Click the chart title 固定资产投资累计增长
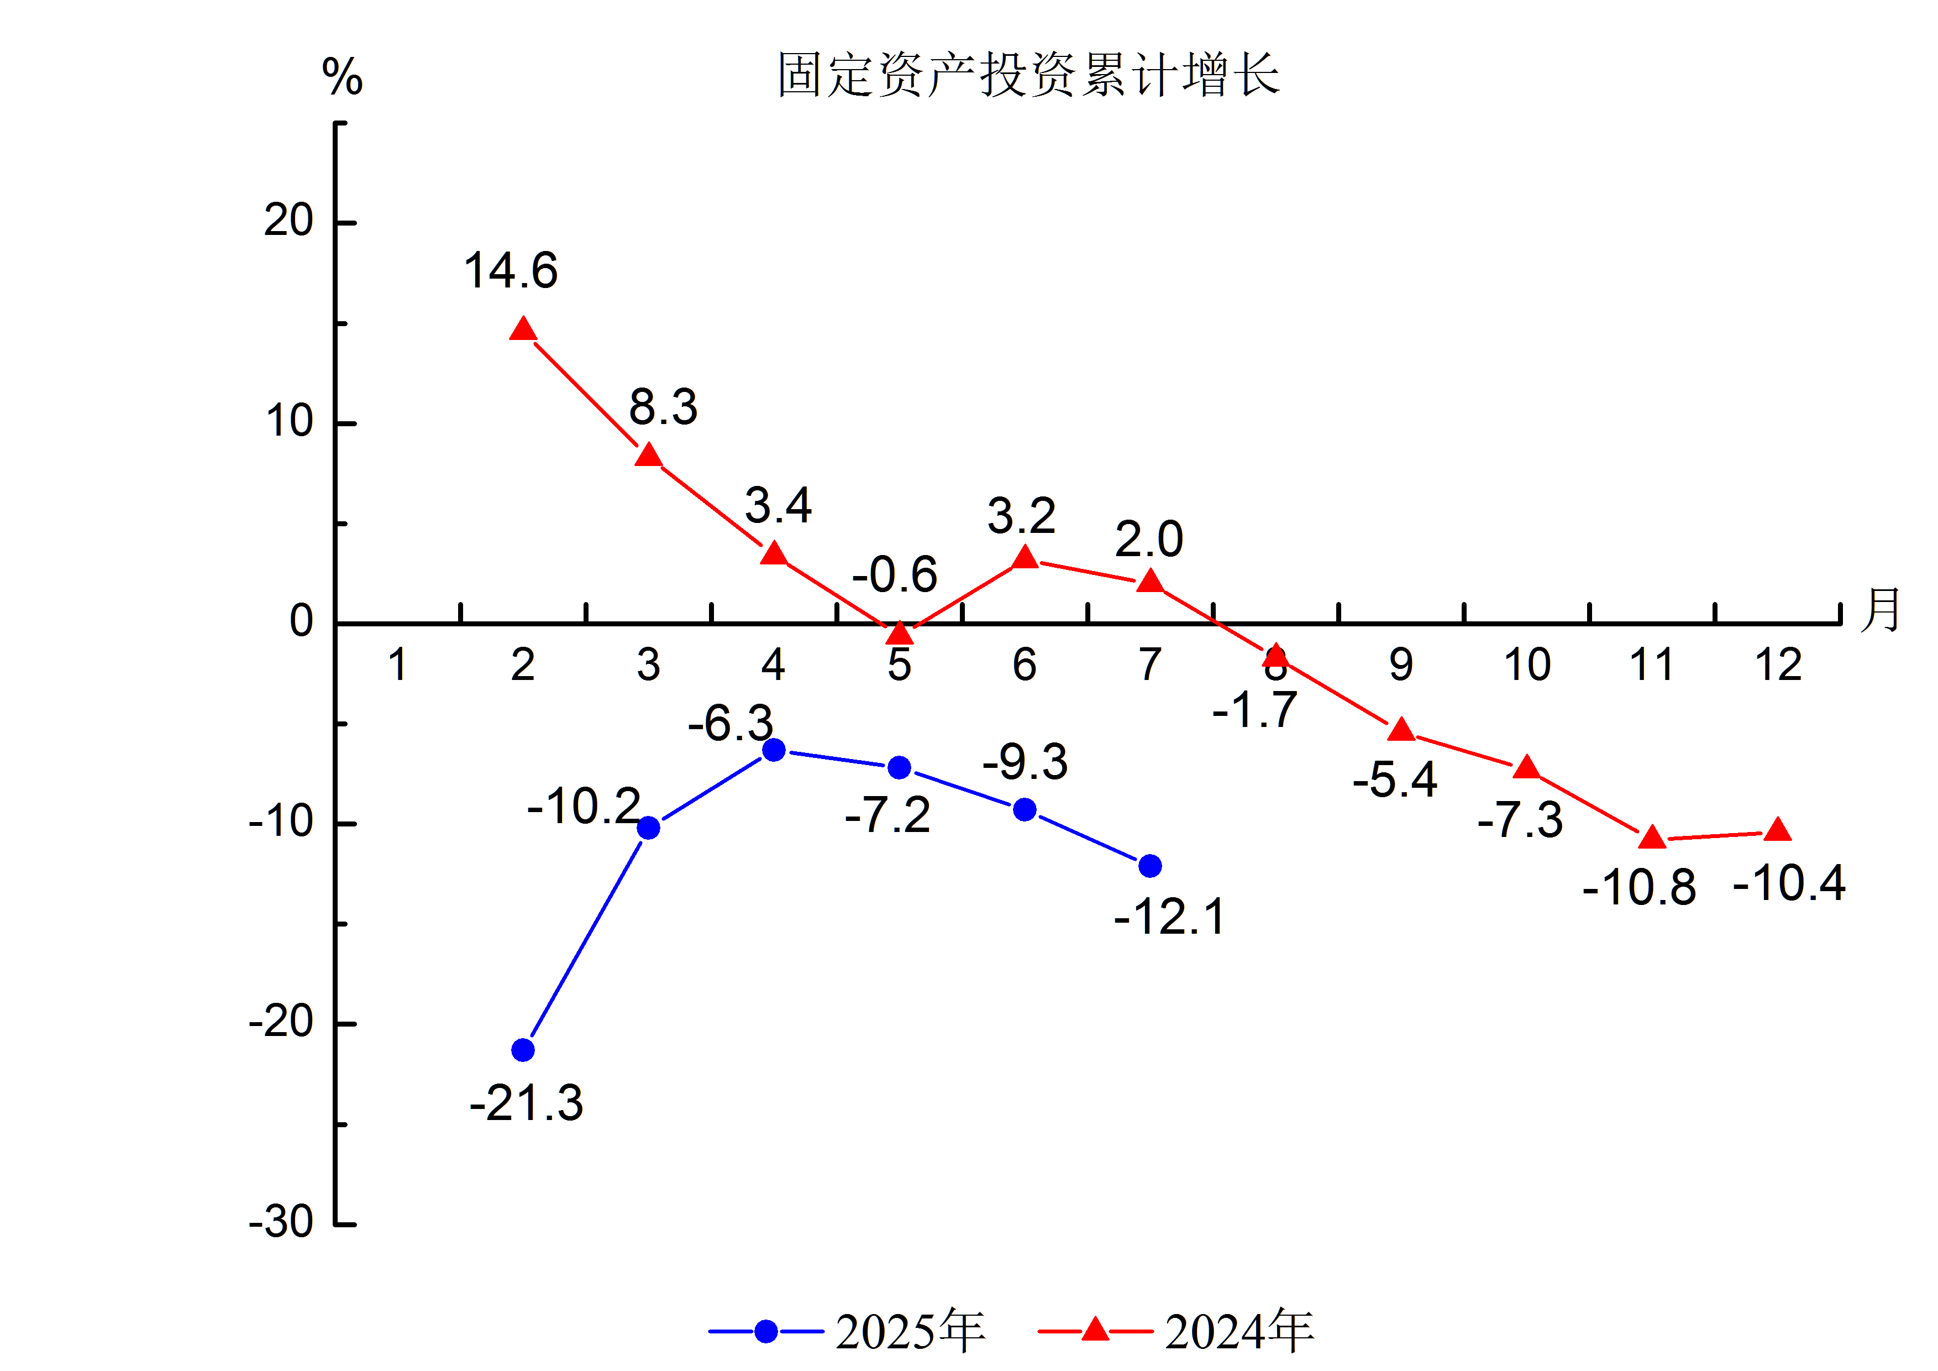pos(1028,75)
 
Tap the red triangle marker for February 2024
pos(523,329)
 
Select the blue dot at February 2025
pos(523,1050)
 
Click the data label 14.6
pos(511,271)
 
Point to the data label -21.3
pos(526,1103)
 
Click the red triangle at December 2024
pos(1778,831)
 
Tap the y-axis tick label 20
pos(288,221)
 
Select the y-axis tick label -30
pos(281,1222)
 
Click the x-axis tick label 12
pos(1778,665)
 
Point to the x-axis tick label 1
pos(397,665)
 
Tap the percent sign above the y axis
pos(343,77)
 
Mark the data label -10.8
pos(1639,888)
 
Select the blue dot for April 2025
pos(774,750)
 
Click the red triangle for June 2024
pos(1025,558)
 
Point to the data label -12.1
pos(1169,918)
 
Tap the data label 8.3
pos(664,408)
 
